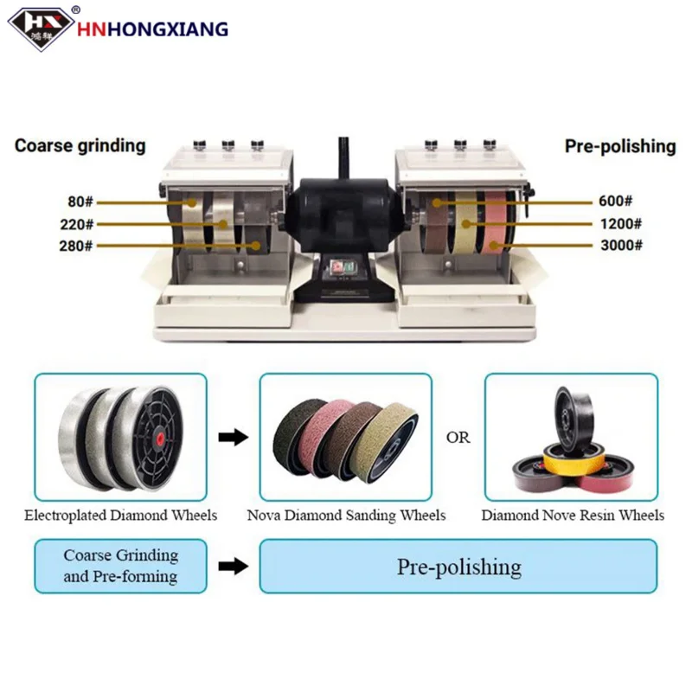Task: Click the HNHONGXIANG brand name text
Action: [154, 29]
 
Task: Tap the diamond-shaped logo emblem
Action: [41, 27]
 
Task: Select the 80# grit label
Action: [79, 202]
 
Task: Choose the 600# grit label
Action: [619, 202]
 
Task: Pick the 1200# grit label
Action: [622, 224]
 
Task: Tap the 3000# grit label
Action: [622, 246]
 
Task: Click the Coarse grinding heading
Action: [80, 145]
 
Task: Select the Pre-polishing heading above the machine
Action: [620, 145]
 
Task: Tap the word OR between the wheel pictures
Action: [458, 438]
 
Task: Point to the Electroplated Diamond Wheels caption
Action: [121, 516]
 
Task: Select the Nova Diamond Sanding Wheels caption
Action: [347, 516]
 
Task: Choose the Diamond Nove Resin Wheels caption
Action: [573, 516]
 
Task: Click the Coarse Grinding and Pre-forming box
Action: [120, 566]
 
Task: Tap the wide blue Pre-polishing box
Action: [458, 567]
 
